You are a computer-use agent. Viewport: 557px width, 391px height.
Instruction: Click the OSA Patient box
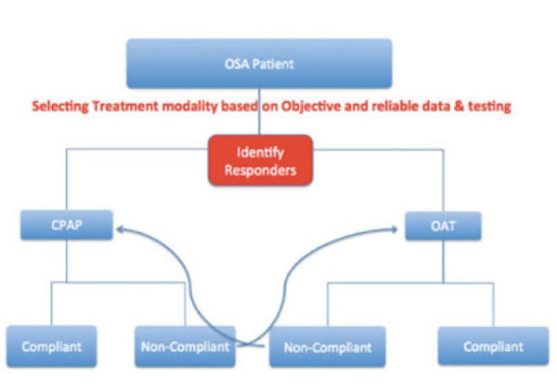pyautogui.click(x=259, y=63)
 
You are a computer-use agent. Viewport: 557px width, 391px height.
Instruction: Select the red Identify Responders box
pyautogui.click(x=260, y=161)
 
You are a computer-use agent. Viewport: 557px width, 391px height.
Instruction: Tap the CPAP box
pyautogui.click(x=67, y=225)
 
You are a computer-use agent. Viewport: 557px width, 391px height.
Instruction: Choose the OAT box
pyautogui.click(x=444, y=226)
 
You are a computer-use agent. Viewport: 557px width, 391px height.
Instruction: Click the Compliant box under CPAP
pyautogui.click(x=51, y=346)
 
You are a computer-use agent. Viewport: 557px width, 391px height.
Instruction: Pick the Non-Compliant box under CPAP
pyautogui.click(x=185, y=346)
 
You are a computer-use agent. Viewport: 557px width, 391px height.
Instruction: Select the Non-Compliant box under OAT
pyautogui.click(x=328, y=347)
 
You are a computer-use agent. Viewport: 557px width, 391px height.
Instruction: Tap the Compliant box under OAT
pyautogui.click(x=494, y=346)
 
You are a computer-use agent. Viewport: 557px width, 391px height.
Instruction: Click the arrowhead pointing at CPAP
pyautogui.click(x=120, y=229)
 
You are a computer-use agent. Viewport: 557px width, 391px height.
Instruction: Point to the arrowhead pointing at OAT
pyautogui.click(x=394, y=229)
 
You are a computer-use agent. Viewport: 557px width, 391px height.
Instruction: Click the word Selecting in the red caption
pyautogui.click(x=60, y=106)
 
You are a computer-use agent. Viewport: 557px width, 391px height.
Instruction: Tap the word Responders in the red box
pyautogui.click(x=260, y=170)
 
